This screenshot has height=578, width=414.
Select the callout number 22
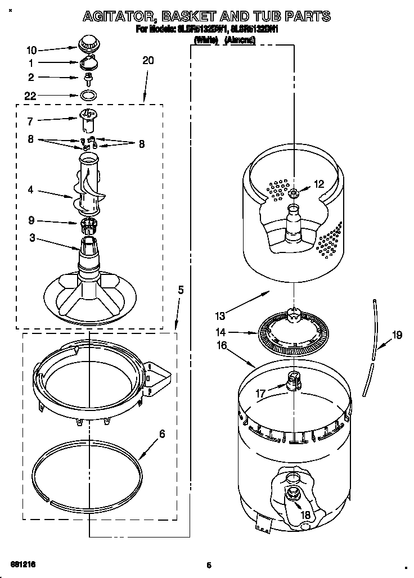(x=31, y=96)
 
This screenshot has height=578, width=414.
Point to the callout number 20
(x=147, y=61)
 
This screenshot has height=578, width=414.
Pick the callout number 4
(x=31, y=190)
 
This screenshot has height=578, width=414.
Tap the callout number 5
(x=181, y=290)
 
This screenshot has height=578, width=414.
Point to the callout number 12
(x=319, y=183)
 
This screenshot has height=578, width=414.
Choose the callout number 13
(x=222, y=314)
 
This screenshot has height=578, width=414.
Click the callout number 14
(x=222, y=332)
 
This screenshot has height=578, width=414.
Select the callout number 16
(x=222, y=345)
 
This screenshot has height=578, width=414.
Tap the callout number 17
(x=260, y=394)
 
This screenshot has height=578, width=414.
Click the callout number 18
(x=305, y=514)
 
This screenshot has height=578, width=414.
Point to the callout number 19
(x=397, y=336)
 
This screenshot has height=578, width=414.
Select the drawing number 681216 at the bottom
(x=24, y=563)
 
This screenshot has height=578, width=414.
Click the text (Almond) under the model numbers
(x=240, y=40)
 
